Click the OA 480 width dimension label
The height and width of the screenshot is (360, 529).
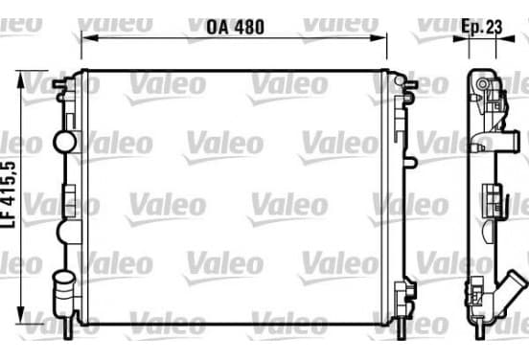point(235,27)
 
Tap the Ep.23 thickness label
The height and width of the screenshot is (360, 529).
point(482,26)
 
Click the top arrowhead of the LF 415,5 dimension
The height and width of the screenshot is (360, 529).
point(21,79)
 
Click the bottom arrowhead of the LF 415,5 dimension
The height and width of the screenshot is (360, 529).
point(21,315)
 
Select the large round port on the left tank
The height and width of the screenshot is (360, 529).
point(65,142)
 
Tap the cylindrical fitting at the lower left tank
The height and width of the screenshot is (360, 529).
point(63,287)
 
